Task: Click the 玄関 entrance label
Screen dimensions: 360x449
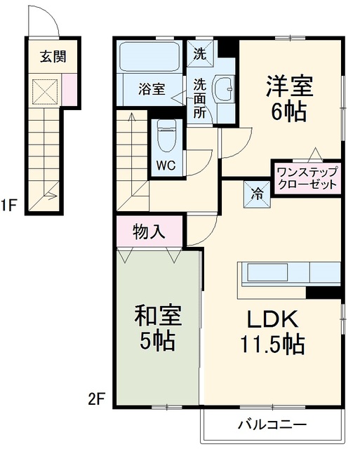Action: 53,56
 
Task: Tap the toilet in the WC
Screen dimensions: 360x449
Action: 167,136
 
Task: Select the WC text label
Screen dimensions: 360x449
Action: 166,166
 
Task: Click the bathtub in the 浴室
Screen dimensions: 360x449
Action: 149,56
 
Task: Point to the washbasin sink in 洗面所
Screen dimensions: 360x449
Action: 225,88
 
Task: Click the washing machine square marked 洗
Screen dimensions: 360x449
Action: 201,54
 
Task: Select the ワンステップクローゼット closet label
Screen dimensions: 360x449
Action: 307,178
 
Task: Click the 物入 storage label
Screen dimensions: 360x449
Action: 149,231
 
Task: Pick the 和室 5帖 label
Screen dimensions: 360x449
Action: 158,328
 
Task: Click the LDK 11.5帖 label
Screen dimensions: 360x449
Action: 272,332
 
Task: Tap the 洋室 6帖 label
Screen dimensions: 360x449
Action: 289,98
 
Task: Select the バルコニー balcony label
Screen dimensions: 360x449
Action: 272,424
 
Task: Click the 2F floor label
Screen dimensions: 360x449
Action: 96,399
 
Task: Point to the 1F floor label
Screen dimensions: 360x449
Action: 8,205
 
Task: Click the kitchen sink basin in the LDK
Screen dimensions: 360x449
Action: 267,272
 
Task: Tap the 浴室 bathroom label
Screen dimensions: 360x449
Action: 152,89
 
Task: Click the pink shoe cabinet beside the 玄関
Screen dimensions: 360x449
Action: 69,89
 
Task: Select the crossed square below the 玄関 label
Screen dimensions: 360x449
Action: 45,91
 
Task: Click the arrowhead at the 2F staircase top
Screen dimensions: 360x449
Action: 132,116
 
